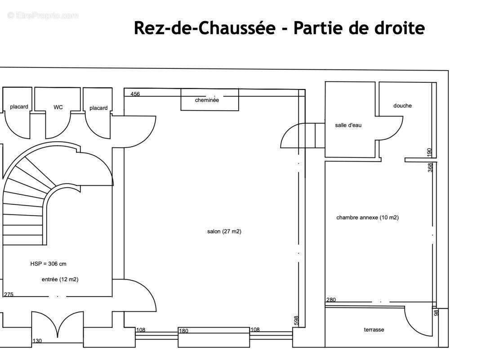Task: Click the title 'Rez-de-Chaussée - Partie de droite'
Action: pyautogui.click(x=279, y=28)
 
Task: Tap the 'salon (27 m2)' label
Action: pyautogui.click(x=224, y=231)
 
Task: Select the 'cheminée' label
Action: pyautogui.click(x=207, y=100)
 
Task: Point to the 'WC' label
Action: pyautogui.click(x=58, y=107)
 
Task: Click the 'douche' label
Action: pyautogui.click(x=402, y=106)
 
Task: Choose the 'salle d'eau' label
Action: pyautogui.click(x=348, y=125)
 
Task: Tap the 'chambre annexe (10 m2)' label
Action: pyautogui.click(x=367, y=217)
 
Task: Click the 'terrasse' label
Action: pyautogui.click(x=374, y=329)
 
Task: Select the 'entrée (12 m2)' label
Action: pyautogui.click(x=60, y=279)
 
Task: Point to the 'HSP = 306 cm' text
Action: pyautogui.click(x=48, y=264)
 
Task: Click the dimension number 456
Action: pyautogui.click(x=135, y=94)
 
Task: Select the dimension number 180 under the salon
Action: pyautogui.click(x=184, y=331)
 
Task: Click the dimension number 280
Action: pyautogui.click(x=331, y=300)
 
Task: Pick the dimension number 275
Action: pyautogui.click(x=9, y=294)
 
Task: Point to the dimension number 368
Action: pyautogui.click(x=430, y=167)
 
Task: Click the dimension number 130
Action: pyautogui.click(x=37, y=341)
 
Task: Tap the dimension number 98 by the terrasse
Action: pyautogui.click(x=436, y=312)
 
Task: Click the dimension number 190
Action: pyautogui.click(x=429, y=153)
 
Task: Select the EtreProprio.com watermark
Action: pyautogui.click(x=43, y=16)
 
